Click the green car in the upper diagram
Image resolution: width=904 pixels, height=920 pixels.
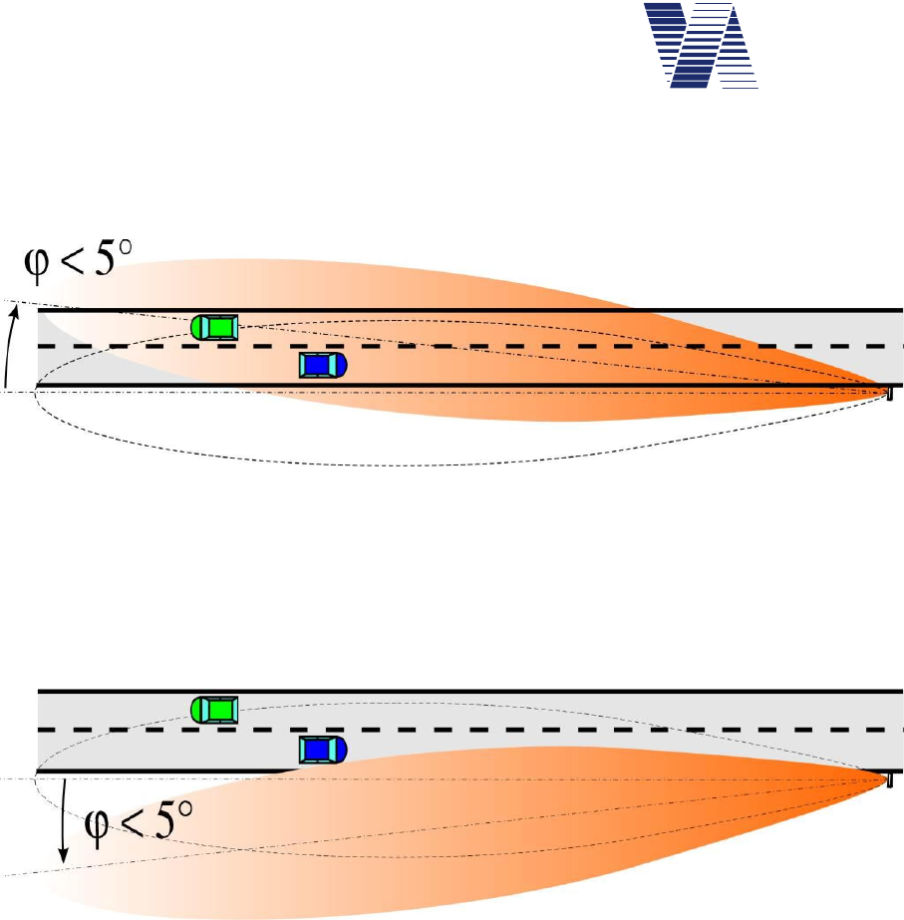(215, 326)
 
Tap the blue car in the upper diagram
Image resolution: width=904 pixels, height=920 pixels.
(324, 365)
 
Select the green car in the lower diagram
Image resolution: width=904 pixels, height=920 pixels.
(215, 710)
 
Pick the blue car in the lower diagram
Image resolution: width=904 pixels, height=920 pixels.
(324, 749)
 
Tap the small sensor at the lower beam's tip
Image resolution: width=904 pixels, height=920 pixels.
(889, 778)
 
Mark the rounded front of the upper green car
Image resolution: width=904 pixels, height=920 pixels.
(197, 326)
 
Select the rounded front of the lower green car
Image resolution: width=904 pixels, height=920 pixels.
(197, 710)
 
